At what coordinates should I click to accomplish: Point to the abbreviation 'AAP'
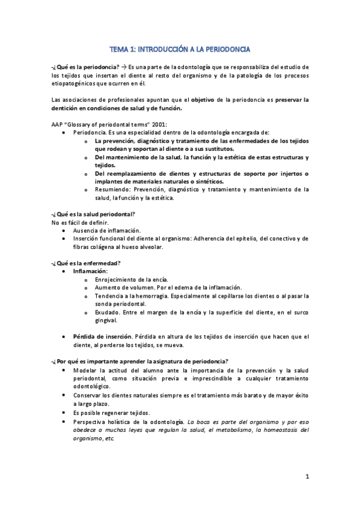click(57, 123)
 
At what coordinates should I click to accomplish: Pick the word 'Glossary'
click(83, 123)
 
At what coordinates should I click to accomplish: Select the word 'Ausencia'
click(86, 230)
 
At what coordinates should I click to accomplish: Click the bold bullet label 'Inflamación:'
click(90, 271)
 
